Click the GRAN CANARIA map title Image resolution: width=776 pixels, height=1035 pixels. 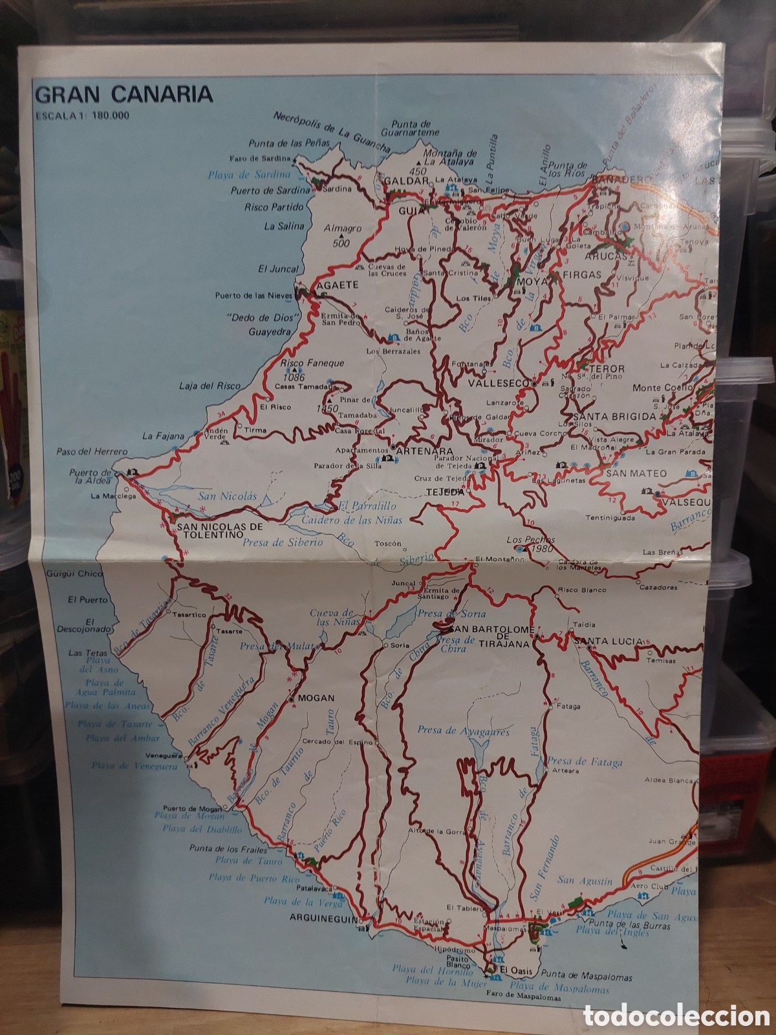(x=124, y=94)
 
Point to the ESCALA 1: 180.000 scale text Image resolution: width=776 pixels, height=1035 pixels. (x=82, y=116)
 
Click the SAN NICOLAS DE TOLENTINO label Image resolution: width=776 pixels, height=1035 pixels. (x=211, y=531)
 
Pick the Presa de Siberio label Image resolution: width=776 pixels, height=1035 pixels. (x=282, y=542)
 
